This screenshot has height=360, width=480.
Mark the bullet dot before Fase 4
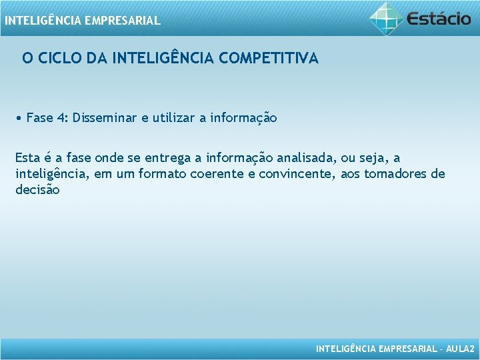(x=21, y=119)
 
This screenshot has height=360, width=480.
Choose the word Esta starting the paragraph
(x=27, y=158)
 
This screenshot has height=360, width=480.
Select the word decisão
(x=37, y=189)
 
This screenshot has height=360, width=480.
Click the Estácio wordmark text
(x=439, y=18)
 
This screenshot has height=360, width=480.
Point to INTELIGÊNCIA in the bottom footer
(x=344, y=349)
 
